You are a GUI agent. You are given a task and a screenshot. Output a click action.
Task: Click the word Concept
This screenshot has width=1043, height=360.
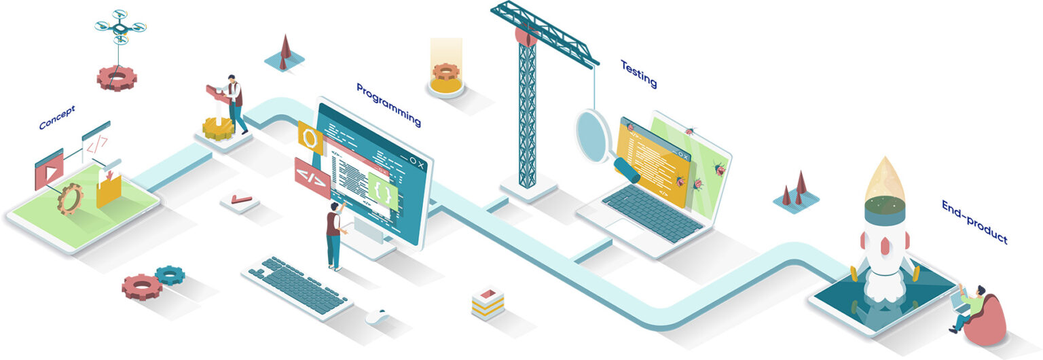(x=56, y=117)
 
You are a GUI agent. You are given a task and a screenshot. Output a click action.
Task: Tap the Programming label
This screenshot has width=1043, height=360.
(x=388, y=105)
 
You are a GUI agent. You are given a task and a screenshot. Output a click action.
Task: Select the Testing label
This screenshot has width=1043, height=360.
(x=638, y=73)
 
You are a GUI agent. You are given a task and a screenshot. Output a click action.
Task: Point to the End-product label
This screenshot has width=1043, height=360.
(x=974, y=221)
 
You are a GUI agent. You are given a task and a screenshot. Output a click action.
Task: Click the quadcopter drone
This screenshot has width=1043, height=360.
(x=120, y=27)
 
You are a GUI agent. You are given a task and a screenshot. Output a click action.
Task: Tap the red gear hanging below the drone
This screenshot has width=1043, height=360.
(x=116, y=78)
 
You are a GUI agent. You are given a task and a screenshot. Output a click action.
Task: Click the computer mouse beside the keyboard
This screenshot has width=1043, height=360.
(x=377, y=316)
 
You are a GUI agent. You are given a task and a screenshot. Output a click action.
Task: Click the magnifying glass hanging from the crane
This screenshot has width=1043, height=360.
(x=594, y=136)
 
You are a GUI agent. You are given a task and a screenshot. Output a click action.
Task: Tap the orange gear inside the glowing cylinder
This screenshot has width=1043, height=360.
(x=446, y=72)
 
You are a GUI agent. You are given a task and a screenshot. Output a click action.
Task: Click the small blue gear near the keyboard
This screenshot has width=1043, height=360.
(x=170, y=275)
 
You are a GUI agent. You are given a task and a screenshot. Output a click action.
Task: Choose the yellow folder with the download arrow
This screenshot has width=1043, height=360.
(x=109, y=188)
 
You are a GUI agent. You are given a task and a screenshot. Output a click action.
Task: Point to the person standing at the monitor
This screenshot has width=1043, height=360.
(x=333, y=235)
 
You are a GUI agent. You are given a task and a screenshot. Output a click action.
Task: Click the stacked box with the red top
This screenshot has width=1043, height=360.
(x=488, y=302)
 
